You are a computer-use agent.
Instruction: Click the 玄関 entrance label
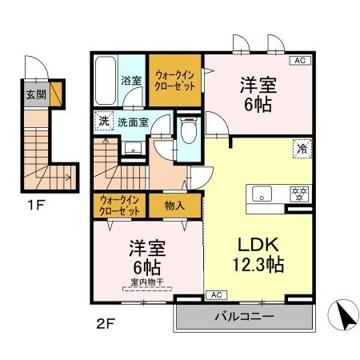[x=35, y=94]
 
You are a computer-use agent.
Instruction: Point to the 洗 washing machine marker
[x=104, y=122]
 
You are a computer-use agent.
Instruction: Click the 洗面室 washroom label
[x=133, y=122]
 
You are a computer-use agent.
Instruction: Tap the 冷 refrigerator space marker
[x=302, y=148]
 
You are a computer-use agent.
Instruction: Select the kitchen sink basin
[x=263, y=194]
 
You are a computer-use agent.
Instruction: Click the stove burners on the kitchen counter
[x=298, y=193]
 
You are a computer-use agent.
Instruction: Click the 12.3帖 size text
[x=258, y=264]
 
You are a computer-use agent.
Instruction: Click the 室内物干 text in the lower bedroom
[x=147, y=282]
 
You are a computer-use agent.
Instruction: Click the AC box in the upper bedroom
[x=298, y=60]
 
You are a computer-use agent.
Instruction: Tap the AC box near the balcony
[x=216, y=295]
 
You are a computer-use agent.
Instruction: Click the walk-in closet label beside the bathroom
[x=174, y=80]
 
